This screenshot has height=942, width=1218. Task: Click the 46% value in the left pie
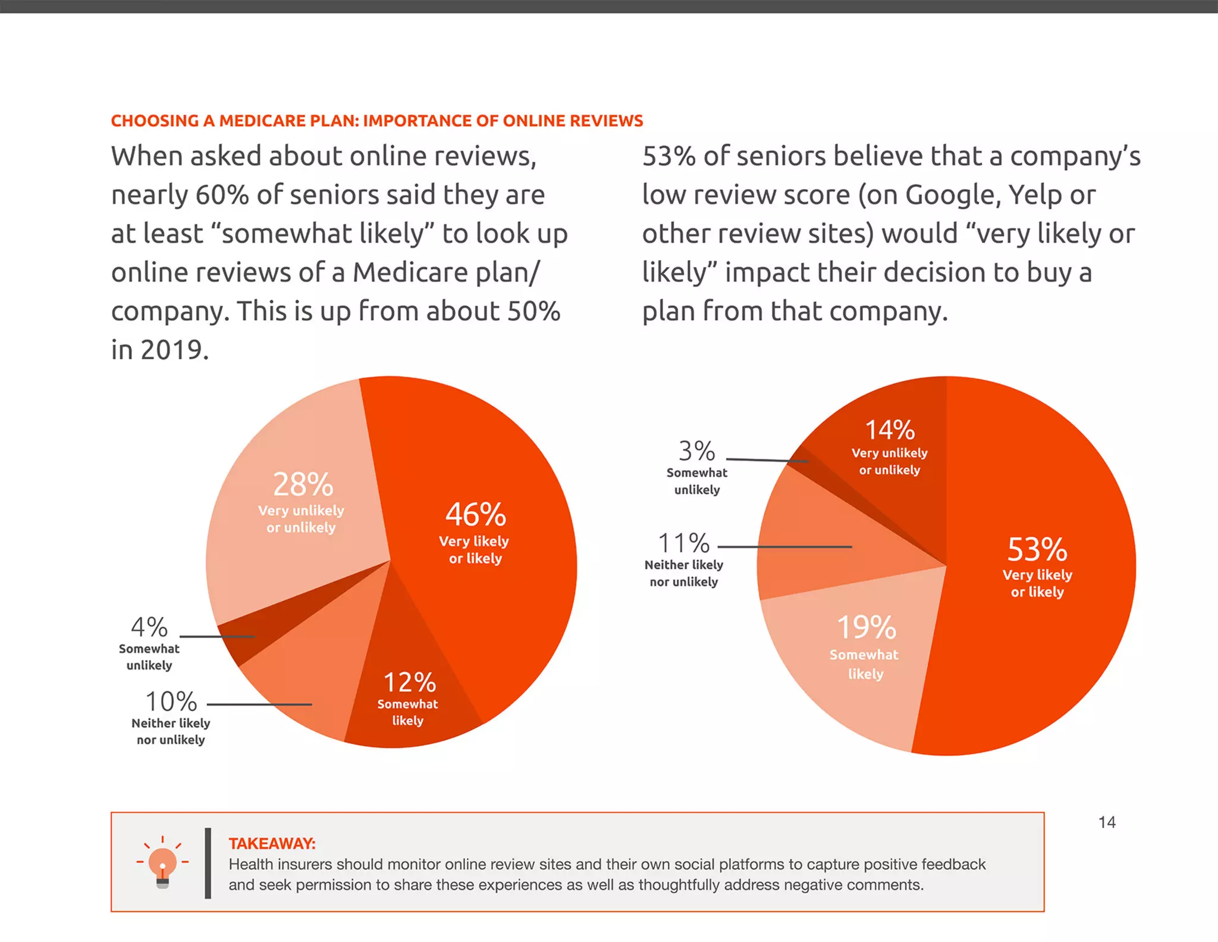point(475,515)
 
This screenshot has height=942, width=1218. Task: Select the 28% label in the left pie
point(303,484)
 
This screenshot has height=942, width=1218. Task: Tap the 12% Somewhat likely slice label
point(409,683)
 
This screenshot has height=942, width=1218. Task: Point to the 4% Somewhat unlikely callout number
point(149,627)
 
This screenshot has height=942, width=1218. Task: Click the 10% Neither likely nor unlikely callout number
point(171,702)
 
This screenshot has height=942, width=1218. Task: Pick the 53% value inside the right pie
point(1037,549)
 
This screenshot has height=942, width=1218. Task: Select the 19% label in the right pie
point(866,627)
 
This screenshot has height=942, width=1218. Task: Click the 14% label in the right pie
point(889,430)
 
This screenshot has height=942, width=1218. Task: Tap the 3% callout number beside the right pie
point(696,451)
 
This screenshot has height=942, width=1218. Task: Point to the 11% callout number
point(683,543)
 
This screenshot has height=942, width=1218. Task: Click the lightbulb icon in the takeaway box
point(162,863)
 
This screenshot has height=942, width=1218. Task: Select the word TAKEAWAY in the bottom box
point(272,843)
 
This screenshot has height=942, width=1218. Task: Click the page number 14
point(1106,822)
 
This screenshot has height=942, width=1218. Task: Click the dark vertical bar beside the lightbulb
point(208,863)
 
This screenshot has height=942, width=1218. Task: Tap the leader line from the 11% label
point(785,546)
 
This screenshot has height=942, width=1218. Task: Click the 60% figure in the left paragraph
point(222,195)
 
